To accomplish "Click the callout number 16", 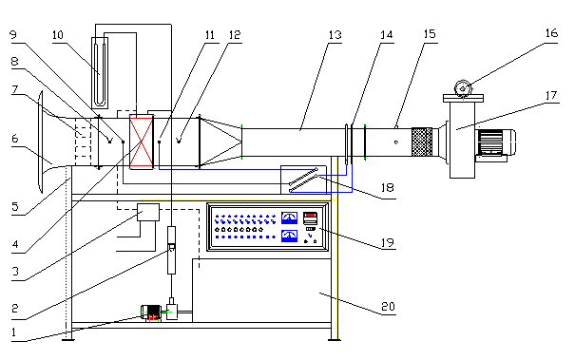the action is pyautogui.click(x=551, y=33).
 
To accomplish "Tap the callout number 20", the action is pyautogui.click(x=388, y=306).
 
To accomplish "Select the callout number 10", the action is pyautogui.click(x=58, y=35).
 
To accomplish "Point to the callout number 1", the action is pyautogui.click(x=14, y=332).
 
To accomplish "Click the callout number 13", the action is pyautogui.click(x=335, y=35).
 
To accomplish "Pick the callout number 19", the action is pyautogui.click(x=387, y=242).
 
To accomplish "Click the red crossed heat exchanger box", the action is pyautogui.click(x=142, y=142).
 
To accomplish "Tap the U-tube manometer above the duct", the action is pyautogui.click(x=100, y=72).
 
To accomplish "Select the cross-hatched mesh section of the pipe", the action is pyautogui.click(x=422, y=142).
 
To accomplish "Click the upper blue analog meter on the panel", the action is pyautogui.click(x=289, y=218).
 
